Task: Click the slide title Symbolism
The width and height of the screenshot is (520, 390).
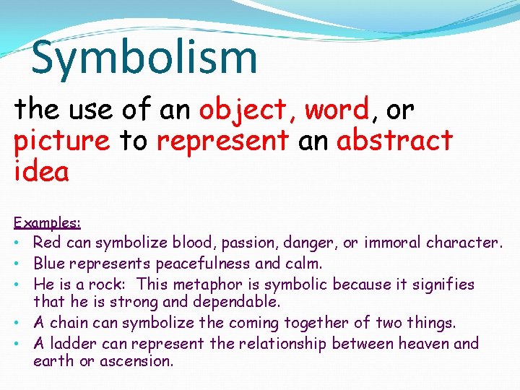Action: [x=144, y=58]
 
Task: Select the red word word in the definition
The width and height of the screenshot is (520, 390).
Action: [x=337, y=110]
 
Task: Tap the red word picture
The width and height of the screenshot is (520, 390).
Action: [x=61, y=141]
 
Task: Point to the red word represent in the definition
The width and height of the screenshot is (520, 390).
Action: [x=222, y=141]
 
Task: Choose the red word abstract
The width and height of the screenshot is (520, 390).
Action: [x=394, y=140]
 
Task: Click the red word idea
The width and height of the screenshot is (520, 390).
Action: [x=41, y=172]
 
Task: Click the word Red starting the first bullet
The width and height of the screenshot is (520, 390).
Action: [x=47, y=243]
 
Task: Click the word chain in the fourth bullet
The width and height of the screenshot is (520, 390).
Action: [x=70, y=322]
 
